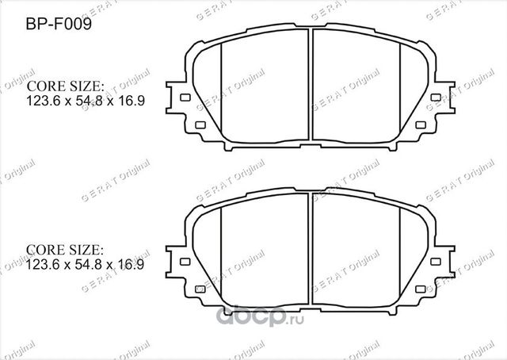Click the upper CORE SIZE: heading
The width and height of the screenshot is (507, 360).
[67, 86]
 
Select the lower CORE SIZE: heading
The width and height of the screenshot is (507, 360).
[67, 250]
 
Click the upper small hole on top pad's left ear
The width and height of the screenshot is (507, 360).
[186, 98]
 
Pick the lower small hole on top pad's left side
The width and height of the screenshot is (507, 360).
[199, 124]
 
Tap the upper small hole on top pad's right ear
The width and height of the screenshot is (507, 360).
[435, 98]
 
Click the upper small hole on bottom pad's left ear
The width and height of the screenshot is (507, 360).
[186, 261]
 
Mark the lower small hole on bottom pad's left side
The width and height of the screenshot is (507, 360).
[199, 288]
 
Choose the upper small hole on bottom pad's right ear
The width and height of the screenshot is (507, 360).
[435, 261]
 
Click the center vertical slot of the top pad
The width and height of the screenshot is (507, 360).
[311, 87]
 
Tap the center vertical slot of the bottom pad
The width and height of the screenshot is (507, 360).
[311, 251]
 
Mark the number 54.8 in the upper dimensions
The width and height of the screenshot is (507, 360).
[90, 102]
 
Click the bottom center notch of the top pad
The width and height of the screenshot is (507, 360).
[311, 147]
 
